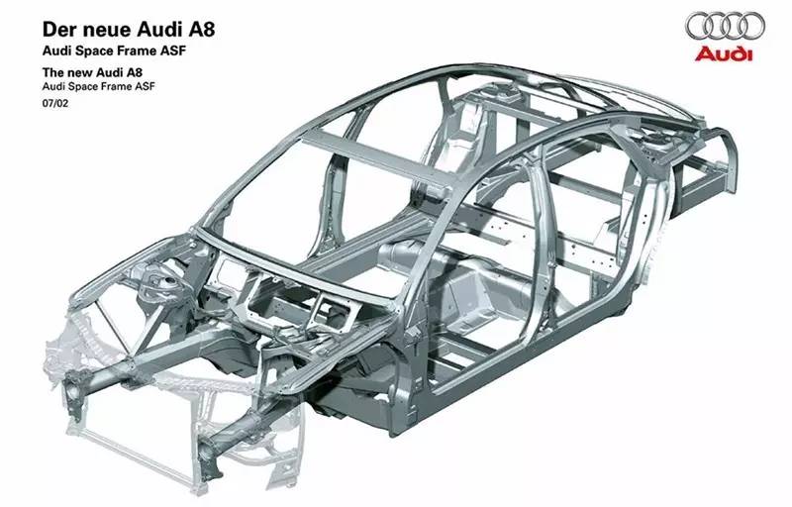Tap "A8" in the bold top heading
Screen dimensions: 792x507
click(x=202, y=30)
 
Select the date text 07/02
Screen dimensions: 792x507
click(x=55, y=104)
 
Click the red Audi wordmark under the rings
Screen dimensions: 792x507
click(x=724, y=54)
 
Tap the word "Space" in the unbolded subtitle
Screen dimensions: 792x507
click(x=81, y=86)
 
